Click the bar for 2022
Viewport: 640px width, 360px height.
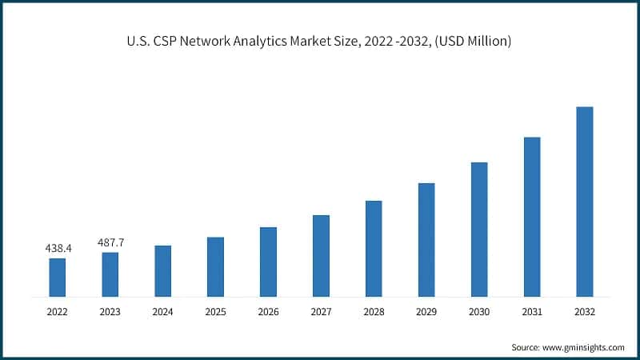[58, 277]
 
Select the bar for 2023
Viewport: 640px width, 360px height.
[110, 274]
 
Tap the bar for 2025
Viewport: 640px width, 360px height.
[215, 266]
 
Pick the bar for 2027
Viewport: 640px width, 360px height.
[321, 255]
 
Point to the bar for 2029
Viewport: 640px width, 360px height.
[426, 239]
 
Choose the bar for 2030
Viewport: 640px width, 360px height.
[479, 229]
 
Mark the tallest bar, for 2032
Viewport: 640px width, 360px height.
[585, 202]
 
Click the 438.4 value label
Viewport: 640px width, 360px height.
[58, 249]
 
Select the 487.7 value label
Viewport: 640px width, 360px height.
[110, 242]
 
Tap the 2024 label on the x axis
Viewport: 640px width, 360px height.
[163, 312]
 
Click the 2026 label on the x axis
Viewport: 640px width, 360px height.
[268, 312]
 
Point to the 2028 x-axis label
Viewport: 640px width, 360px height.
[374, 312]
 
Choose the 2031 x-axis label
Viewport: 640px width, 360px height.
[532, 312]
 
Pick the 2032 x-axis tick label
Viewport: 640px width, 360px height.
[585, 312]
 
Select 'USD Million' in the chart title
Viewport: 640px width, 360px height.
[472, 41]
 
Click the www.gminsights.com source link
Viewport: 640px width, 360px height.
[585, 347]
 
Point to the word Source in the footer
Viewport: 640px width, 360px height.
[526, 347]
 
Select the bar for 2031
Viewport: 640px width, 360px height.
[532, 216]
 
